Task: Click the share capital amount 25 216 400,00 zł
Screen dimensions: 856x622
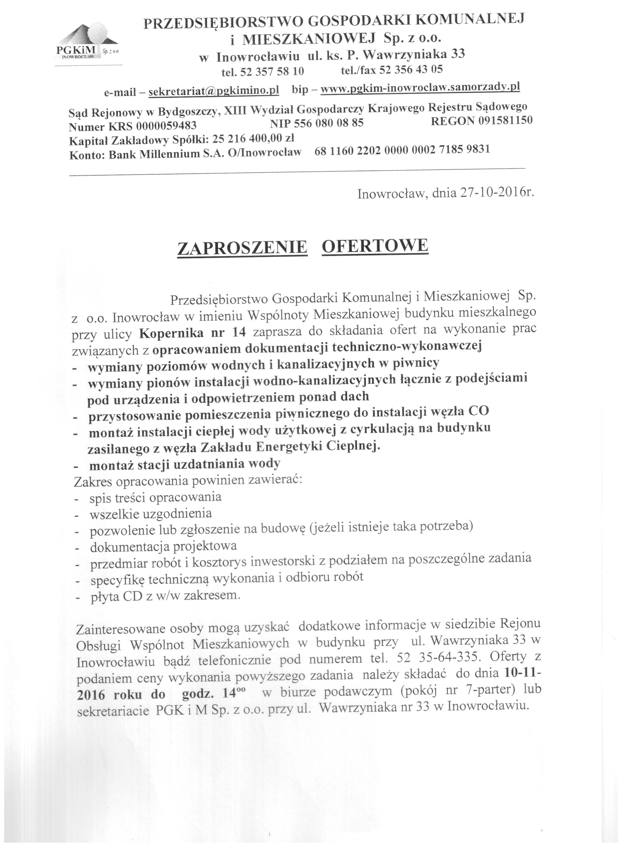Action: click(253, 139)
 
